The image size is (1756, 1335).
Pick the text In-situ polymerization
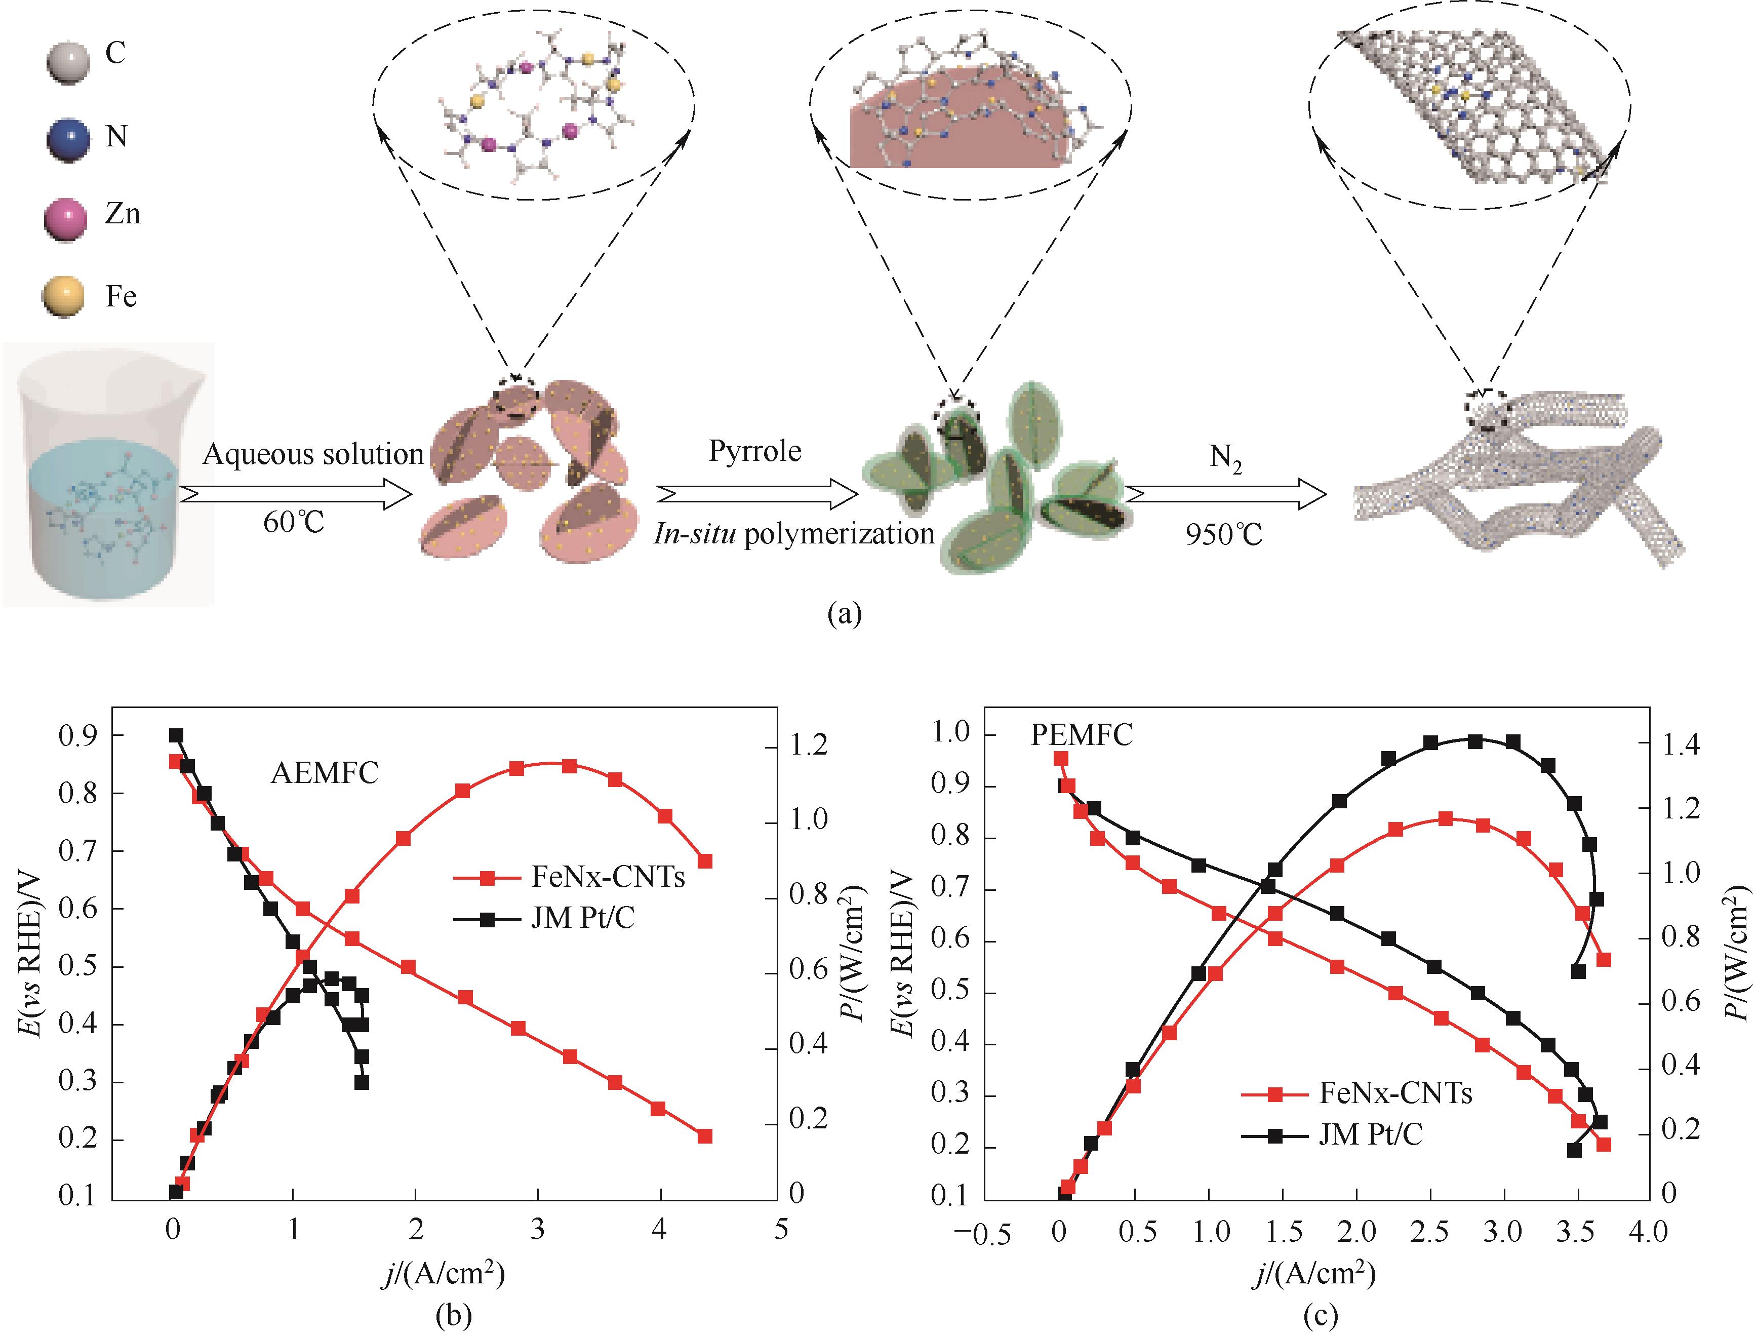[x=794, y=534]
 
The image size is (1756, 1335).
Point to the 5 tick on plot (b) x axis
[x=780, y=1229]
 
